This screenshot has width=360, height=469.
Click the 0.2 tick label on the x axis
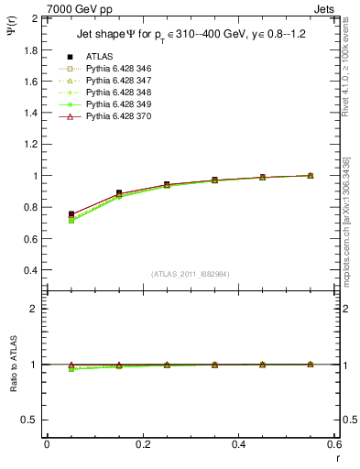(x=143, y=444)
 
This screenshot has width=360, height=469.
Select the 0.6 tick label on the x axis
(x=334, y=444)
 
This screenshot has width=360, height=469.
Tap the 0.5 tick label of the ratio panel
(x=28, y=420)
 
